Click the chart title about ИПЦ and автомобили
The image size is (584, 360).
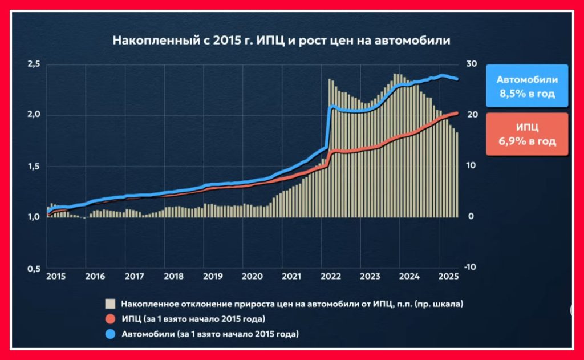[x=281, y=41]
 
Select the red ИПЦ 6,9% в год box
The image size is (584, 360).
[x=527, y=134]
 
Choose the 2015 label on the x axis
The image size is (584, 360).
[x=56, y=277]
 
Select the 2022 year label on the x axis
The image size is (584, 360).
[x=331, y=277]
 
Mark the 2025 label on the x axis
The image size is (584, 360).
[x=448, y=277]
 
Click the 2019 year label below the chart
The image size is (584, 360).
[x=213, y=277]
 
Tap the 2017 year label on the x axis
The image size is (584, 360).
[x=134, y=277]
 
